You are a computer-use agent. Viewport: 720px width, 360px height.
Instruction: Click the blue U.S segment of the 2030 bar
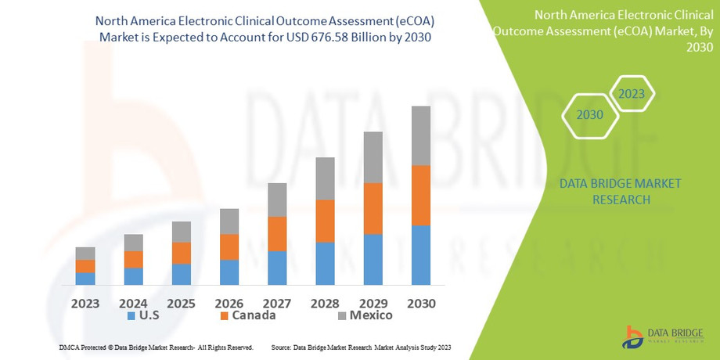coord(421,255)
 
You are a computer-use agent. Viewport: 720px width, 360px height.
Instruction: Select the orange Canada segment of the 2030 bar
coord(421,196)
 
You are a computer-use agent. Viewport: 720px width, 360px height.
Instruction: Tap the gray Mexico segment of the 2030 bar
coord(421,136)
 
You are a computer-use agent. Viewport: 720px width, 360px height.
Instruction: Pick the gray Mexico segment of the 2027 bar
coord(277,200)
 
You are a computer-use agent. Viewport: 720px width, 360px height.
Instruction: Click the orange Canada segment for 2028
coord(325,221)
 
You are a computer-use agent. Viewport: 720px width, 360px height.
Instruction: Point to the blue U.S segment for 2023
coord(85,279)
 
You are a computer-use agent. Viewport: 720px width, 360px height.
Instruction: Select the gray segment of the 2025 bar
coord(182,232)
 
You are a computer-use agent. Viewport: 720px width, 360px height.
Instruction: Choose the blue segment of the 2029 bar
coord(373,260)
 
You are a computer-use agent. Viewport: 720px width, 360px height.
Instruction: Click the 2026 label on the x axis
coord(229,303)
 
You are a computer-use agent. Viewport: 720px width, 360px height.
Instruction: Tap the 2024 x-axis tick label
coord(133,303)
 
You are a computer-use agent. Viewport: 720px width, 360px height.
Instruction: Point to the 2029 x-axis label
coord(373,303)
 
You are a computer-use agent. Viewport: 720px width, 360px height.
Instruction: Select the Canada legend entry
coord(247,315)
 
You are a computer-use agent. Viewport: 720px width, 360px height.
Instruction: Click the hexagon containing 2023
coord(632,95)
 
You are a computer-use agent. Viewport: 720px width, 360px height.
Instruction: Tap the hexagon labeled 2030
coord(589,115)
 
